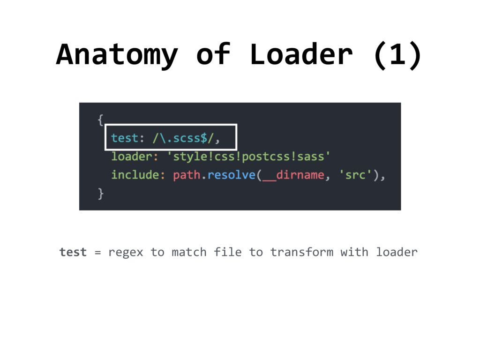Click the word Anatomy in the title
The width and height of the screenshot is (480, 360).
[117, 54]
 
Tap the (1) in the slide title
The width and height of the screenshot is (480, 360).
[397, 54]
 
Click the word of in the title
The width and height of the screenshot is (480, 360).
[213, 54]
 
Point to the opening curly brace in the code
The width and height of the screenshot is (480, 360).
[100, 120]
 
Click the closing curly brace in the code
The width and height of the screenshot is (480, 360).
[100, 194]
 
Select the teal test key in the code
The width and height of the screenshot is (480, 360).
[125, 138]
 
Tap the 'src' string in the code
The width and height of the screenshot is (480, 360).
[358, 175]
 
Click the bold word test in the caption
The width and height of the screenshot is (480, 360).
[73, 252]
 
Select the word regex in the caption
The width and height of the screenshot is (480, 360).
[126, 252]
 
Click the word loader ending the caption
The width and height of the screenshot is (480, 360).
[397, 252]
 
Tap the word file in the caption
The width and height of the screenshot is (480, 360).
[227, 252]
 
